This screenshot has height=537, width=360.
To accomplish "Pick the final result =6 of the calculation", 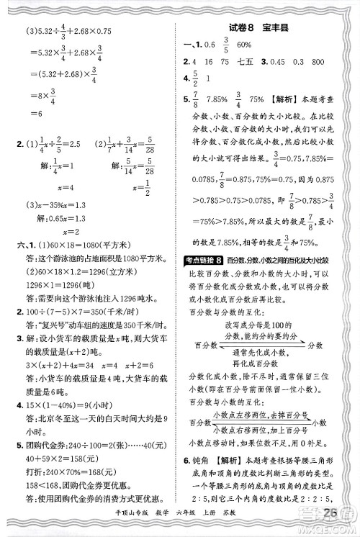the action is (34, 114).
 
